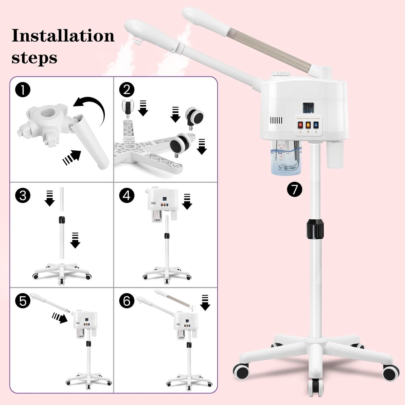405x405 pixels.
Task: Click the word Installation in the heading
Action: (x=63, y=36)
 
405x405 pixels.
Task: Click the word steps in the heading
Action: (x=34, y=58)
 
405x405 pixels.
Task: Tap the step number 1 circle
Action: (x=23, y=90)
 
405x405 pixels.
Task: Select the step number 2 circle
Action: (x=127, y=90)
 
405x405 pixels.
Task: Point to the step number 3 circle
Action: (x=23, y=195)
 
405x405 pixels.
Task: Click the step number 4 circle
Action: (x=127, y=195)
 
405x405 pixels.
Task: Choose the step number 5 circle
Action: (x=23, y=301)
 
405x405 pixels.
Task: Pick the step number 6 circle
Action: (x=127, y=301)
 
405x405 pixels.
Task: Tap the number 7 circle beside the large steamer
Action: (x=295, y=189)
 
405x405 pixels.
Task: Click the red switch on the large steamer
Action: (x=300, y=125)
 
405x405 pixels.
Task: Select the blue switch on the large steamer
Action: (x=316, y=125)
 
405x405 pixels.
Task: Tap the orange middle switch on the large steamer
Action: (x=308, y=125)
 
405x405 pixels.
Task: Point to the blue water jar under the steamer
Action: (x=286, y=158)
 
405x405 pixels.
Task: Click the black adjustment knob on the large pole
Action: (x=315, y=229)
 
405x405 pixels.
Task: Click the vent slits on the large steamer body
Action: (x=276, y=121)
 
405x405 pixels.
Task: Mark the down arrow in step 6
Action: (x=205, y=303)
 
